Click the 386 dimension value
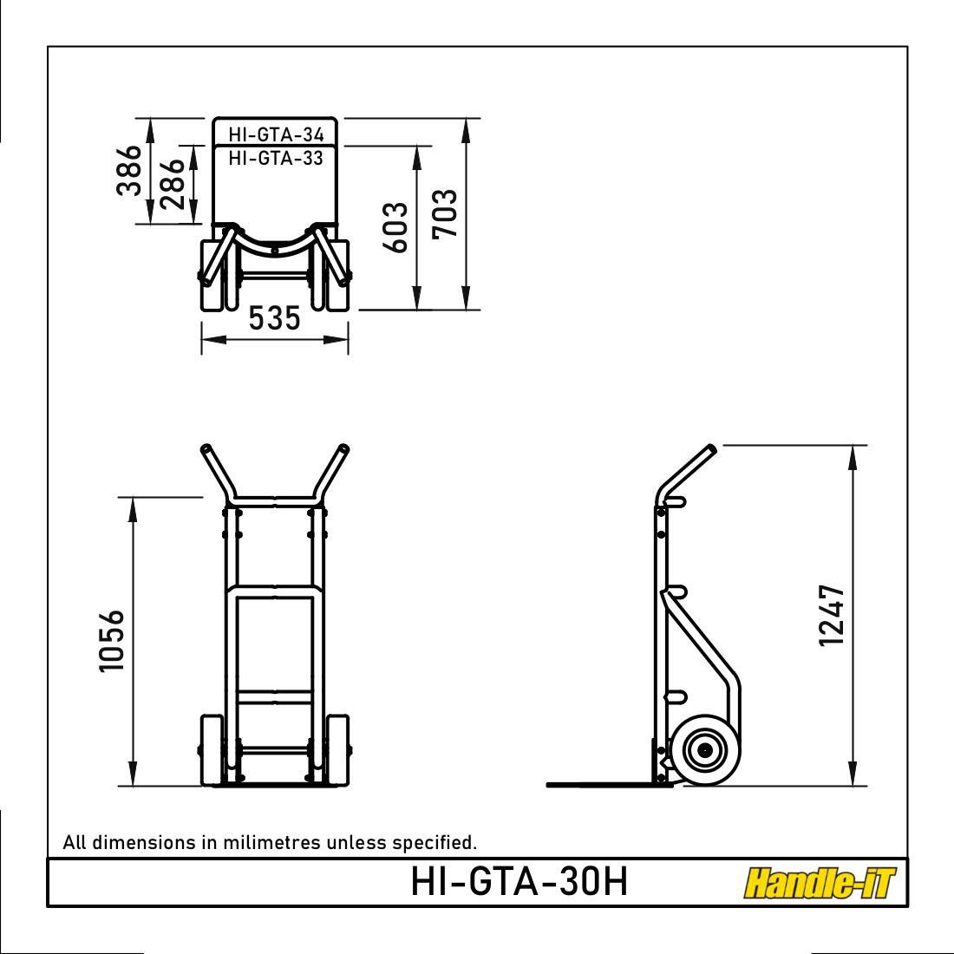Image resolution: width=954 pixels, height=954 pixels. pos(129,171)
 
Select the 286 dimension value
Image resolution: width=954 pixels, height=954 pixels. pos(172,183)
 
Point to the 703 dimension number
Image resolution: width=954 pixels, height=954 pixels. pos(445,213)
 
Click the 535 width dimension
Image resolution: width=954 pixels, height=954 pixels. pos(275,318)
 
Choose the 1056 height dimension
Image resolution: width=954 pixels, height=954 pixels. pos(112,641)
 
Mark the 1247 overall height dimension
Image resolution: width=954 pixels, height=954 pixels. pos(831,615)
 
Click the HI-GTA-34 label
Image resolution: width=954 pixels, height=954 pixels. pos(276,134)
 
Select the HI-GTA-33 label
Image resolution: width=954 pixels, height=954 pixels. pos(276,158)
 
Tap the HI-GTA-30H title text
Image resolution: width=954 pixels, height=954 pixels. pos(519,883)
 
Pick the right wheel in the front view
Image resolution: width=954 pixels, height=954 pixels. pos(338,750)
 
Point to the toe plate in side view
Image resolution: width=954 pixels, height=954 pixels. pos(598,784)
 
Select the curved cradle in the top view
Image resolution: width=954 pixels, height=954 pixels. pos(275,246)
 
